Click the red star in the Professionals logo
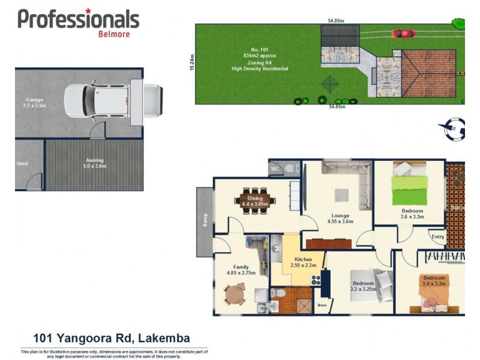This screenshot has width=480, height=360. point(88,10)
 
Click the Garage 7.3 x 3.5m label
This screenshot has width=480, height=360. point(34,103)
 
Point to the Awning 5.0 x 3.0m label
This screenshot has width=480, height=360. point(94,163)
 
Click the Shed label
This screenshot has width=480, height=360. point(22,163)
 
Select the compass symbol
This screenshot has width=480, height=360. point(455,128)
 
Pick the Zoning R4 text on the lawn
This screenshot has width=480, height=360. point(260,62)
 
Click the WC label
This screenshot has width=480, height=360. point(275,169)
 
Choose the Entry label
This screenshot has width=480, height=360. point(438,236)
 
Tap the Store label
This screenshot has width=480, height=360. point(322,305)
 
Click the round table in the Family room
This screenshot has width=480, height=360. point(235,294)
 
